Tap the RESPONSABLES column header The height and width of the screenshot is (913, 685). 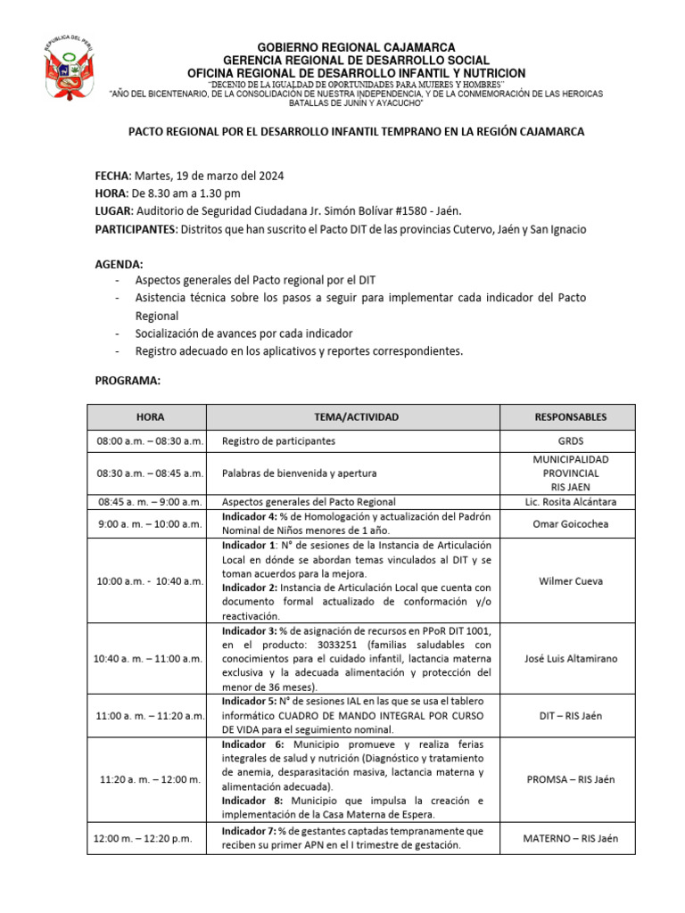[x=569, y=416]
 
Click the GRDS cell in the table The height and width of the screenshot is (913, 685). [x=569, y=441]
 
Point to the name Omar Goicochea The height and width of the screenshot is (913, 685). [x=569, y=524]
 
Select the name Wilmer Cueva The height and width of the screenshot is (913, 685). [x=569, y=580]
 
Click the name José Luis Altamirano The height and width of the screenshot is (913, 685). [x=569, y=658]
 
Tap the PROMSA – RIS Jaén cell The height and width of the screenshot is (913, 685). [x=569, y=779]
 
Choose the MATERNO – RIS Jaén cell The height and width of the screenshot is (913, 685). [x=569, y=838]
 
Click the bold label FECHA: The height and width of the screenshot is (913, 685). [x=113, y=177]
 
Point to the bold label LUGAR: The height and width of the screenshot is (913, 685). [x=113, y=211]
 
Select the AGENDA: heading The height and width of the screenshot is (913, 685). [x=119, y=264]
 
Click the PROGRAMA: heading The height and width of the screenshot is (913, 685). [x=128, y=381]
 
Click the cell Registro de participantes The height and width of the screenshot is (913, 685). [x=278, y=441]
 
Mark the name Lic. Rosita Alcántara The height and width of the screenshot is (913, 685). [x=569, y=501]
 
